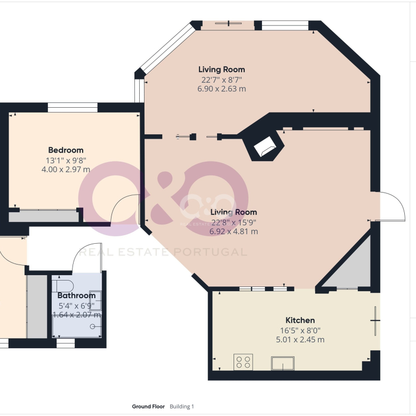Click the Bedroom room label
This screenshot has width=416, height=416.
(66, 150)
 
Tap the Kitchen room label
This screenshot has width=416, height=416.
(300, 320)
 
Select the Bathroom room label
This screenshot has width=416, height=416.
(76, 295)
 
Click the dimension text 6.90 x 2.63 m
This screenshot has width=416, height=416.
(221, 89)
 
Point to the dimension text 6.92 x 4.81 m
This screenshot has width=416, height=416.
(234, 231)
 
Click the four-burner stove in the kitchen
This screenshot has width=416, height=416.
(243, 362)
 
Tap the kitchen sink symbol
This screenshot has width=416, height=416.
(283, 363)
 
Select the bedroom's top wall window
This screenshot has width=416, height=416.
(73, 108)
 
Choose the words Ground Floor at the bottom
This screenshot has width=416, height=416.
(148, 406)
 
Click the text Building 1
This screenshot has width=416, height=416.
(182, 406)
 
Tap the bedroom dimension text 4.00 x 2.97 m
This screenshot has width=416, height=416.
(66, 169)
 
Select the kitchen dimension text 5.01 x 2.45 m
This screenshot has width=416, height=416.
(300, 340)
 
